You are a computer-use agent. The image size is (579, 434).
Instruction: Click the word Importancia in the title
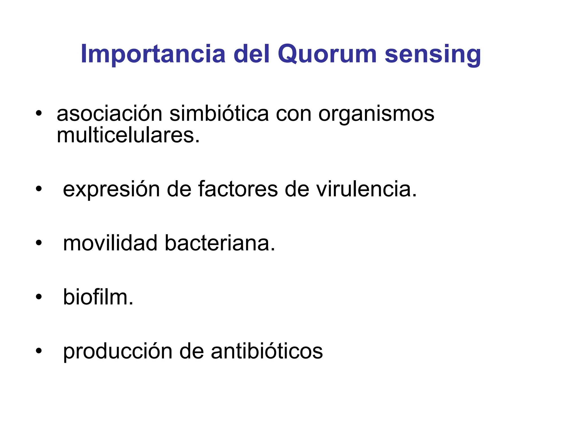coord(153,54)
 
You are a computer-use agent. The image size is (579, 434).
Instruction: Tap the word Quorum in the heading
coord(327,54)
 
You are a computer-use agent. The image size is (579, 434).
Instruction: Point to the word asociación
coord(109,114)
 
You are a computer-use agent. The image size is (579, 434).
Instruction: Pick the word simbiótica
coord(219,114)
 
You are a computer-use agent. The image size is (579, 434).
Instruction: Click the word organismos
coord(376,114)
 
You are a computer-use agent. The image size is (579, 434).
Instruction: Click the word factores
coord(238,189)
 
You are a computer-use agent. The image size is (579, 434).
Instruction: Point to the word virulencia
coord(366,189)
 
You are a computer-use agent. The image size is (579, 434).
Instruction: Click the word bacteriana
coord(220,243)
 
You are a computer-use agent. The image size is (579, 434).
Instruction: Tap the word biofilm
coord(98,297)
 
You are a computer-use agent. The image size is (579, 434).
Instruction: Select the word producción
coord(118,351)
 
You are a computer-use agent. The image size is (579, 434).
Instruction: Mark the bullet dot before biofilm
coord(39,297)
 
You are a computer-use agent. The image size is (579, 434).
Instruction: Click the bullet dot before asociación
coord(39,114)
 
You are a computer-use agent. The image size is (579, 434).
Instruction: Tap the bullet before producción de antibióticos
coord(39,351)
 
